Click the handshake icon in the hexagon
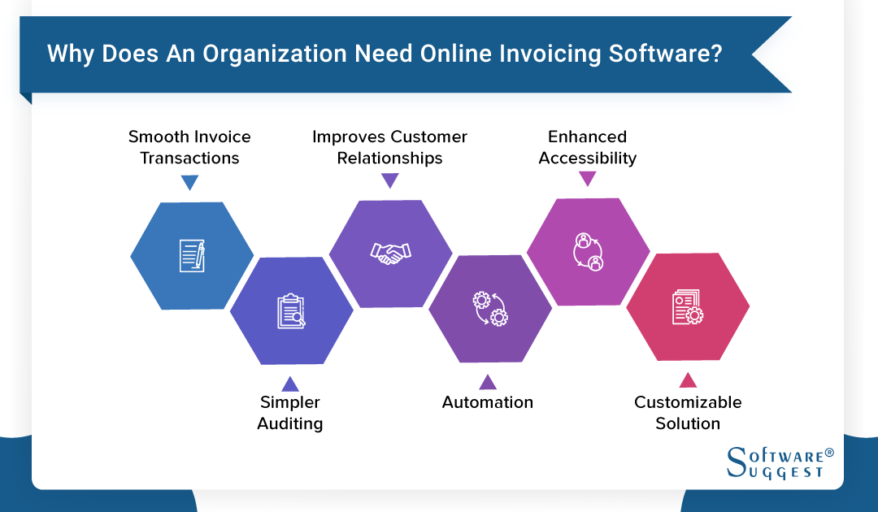click(390, 254)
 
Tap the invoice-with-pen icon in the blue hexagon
click(192, 256)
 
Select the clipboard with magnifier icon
click(291, 310)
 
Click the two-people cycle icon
click(588, 251)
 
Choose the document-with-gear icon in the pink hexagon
click(688, 308)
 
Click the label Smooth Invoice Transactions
click(189, 147)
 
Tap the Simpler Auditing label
click(290, 413)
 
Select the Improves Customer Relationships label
click(390, 147)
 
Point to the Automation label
click(488, 402)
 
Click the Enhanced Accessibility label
click(588, 147)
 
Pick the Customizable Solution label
click(688, 413)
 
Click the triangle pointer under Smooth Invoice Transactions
click(189, 183)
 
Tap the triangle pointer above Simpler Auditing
click(290, 383)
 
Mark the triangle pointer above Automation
click(488, 382)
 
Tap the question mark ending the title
click(715, 54)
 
